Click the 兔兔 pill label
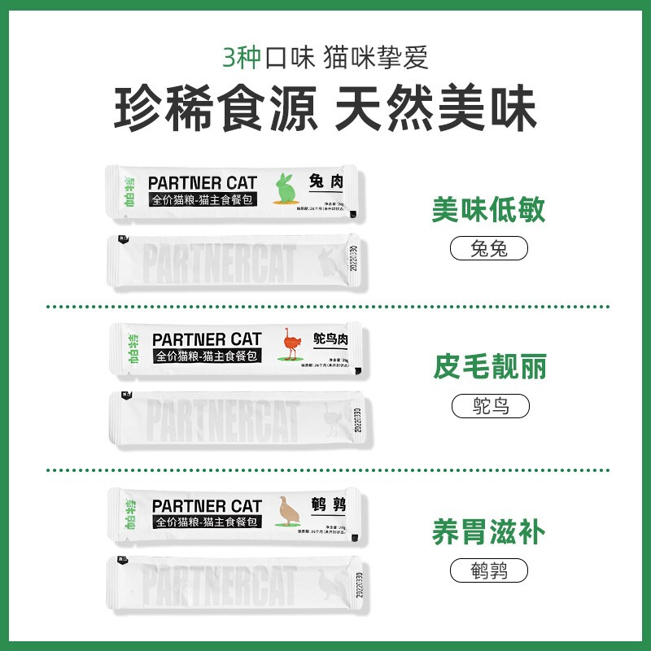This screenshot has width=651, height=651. coord(489,248)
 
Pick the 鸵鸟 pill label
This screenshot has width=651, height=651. coord(489,405)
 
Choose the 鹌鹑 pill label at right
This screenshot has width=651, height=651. coord(489,570)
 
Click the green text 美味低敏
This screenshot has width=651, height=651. coord(488,211)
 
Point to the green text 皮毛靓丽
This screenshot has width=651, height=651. coord(488,368)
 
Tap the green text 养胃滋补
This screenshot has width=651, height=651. coord(488,533)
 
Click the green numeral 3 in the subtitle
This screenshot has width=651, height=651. coord(231,58)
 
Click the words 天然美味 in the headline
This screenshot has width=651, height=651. coord(435,109)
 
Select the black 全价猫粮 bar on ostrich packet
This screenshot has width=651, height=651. coord(206,356)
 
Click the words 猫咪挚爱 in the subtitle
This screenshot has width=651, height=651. coord(375,58)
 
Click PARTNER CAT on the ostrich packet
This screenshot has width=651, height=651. coord(207,339)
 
